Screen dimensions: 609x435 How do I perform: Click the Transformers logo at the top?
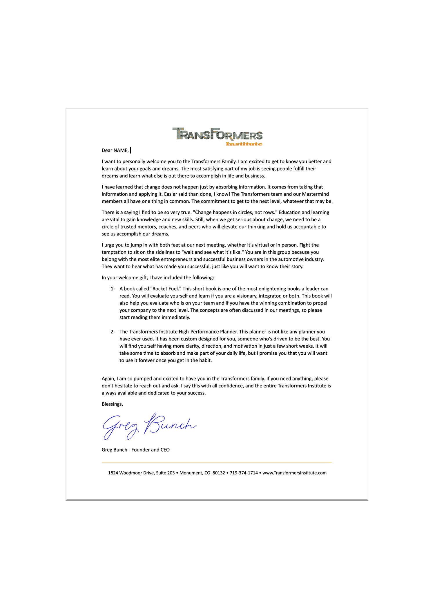[x=217, y=134]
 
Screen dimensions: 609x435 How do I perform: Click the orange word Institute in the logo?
[x=244, y=144]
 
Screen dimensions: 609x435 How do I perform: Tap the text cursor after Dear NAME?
[x=130, y=150]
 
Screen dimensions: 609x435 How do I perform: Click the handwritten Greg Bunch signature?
[x=149, y=426]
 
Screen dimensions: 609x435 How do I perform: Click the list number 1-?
[x=113, y=289]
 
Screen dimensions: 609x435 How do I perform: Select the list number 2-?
[x=113, y=331]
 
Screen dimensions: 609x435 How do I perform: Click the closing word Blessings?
[x=112, y=404]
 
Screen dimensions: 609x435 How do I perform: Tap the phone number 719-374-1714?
[x=244, y=473]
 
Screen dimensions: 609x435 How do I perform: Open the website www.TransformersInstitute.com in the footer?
[x=294, y=473]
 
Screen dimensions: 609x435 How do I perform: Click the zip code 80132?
[x=219, y=473]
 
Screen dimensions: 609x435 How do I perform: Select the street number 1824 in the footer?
[x=113, y=473]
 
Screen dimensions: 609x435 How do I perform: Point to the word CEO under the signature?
[x=165, y=449]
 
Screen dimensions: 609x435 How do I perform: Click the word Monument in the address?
[x=191, y=473]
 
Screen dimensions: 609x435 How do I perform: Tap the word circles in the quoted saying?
[x=243, y=212]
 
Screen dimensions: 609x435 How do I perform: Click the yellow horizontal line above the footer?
[x=217, y=462]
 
